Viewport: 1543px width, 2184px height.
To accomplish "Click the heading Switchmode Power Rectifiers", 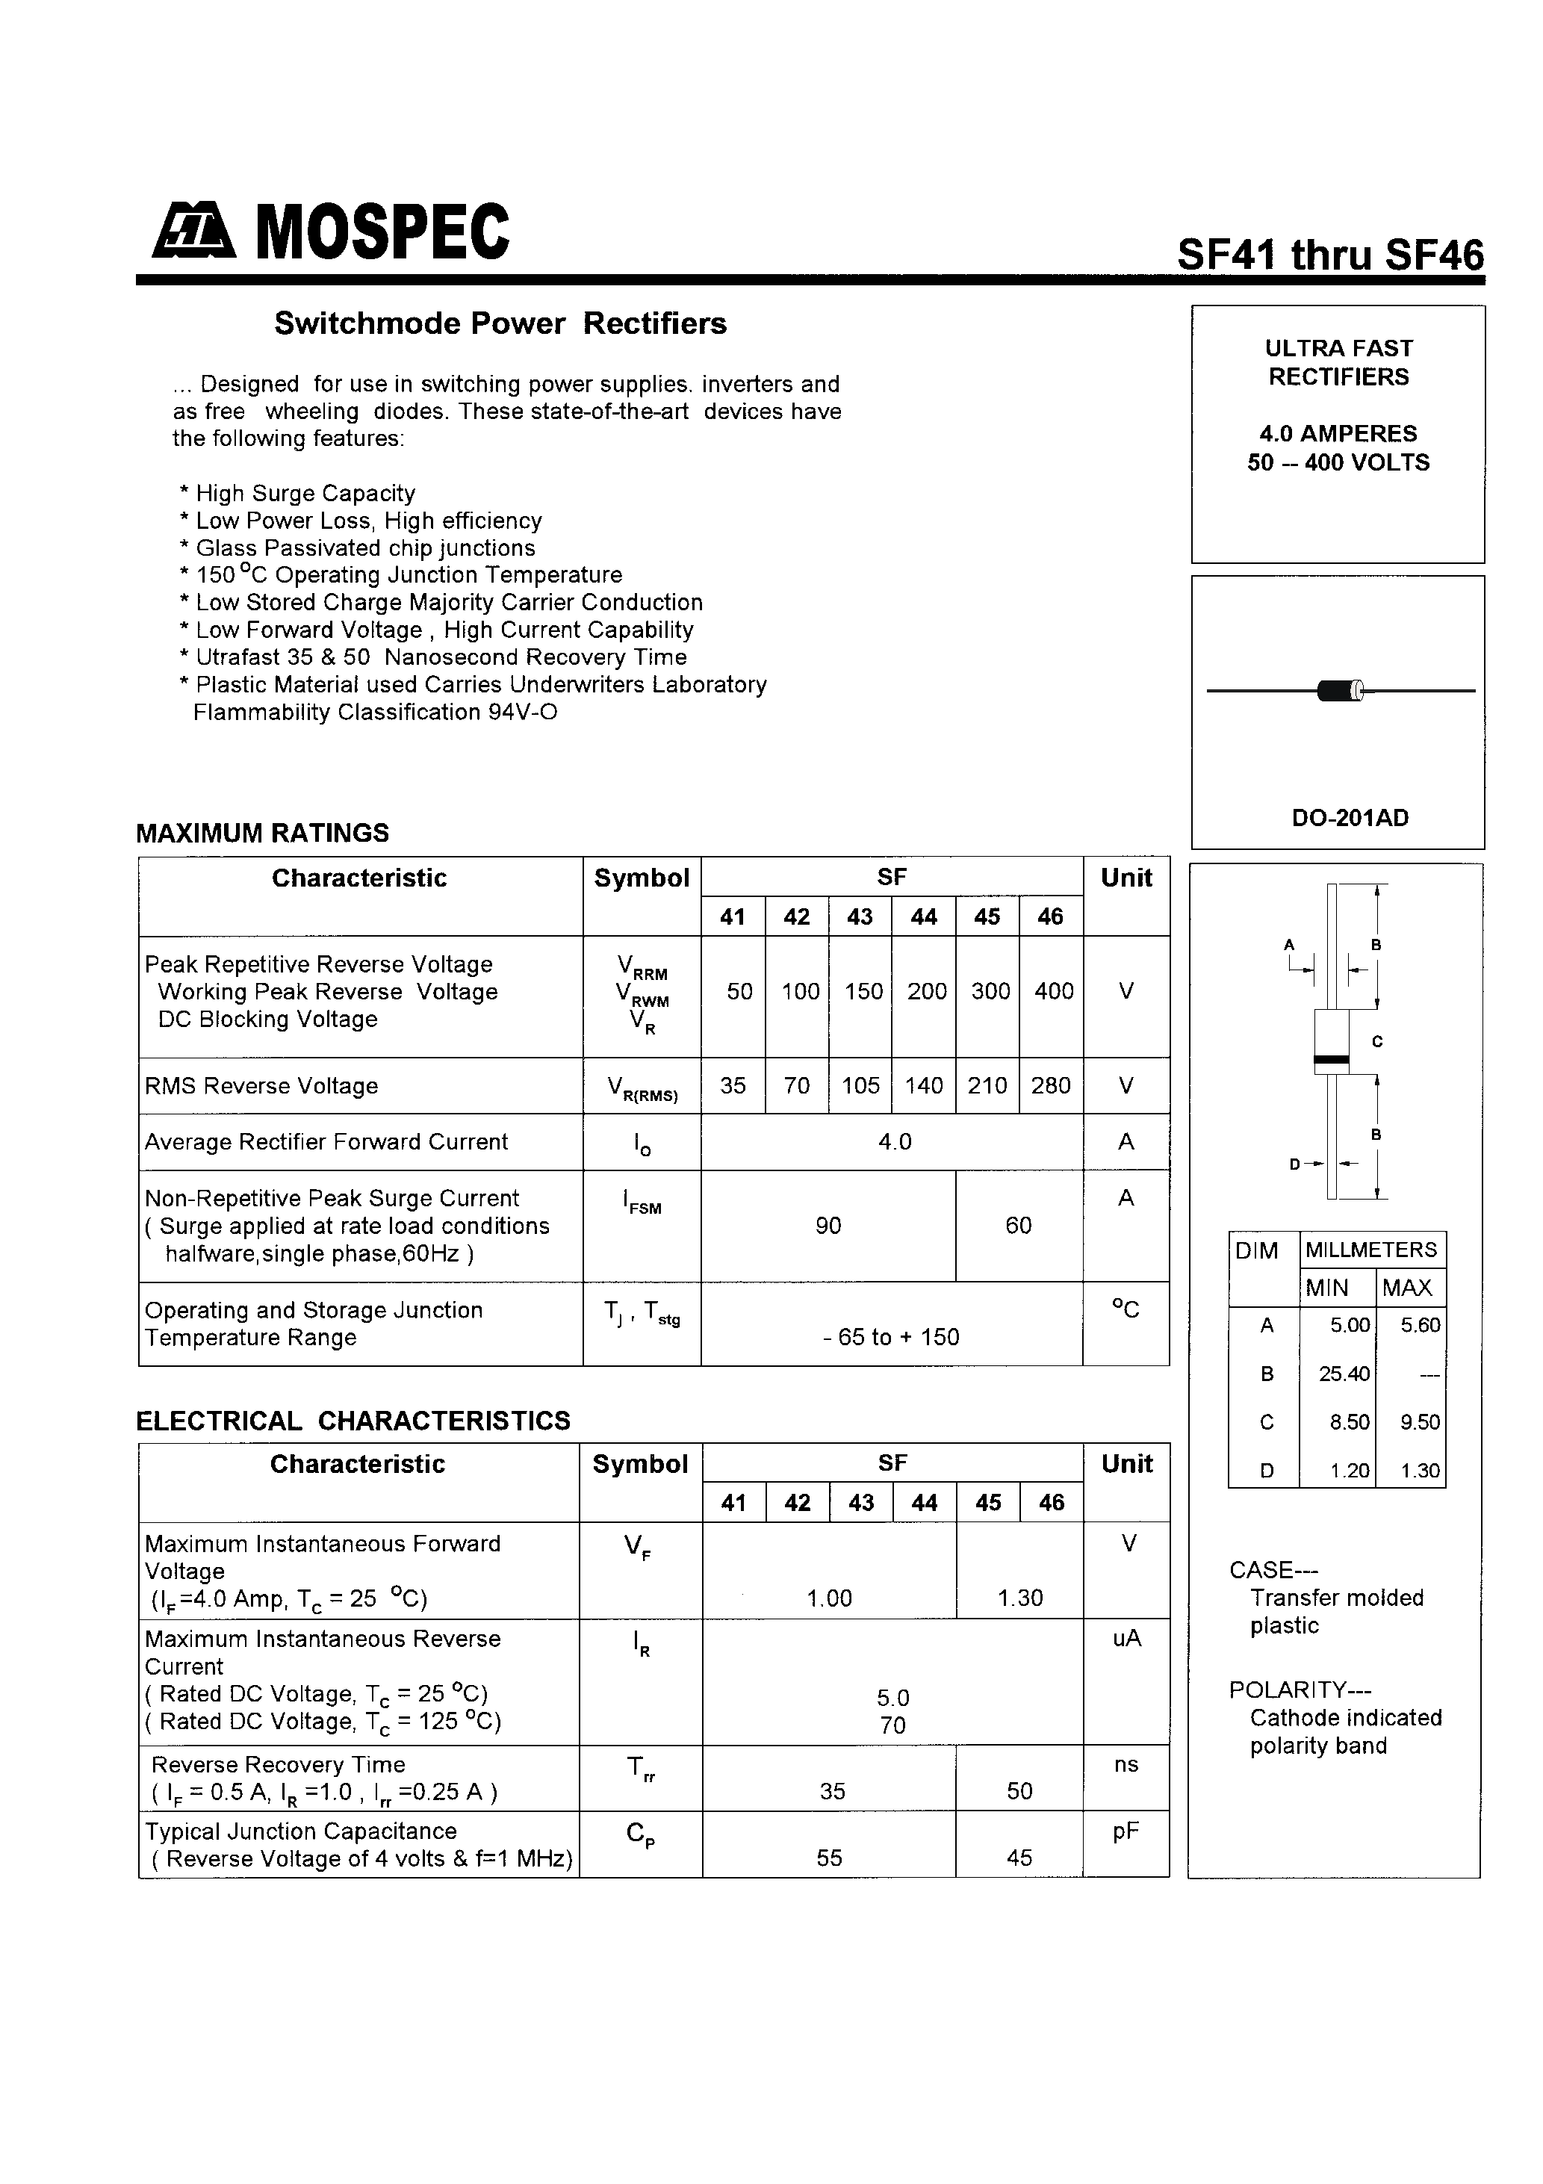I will pyautogui.click(x=500, y=323).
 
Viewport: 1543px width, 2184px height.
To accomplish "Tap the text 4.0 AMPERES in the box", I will pyautogui.click(x=1338, y=434).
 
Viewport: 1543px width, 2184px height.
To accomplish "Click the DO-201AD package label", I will pyautogui.click(x=1349, y=818).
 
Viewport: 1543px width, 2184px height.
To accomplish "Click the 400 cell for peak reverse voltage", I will pyautogui.click(x=1053, y=991).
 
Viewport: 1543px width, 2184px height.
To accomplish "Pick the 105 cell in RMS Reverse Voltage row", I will pyautogui.click(x=860, y=1085).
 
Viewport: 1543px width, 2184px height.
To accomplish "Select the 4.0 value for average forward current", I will pyautogui.click(x=894, y=1141).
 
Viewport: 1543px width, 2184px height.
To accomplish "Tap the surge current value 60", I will pyautogui.click(x=1018, y=1225).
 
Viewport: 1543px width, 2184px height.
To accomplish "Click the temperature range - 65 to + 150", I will pyautogui.click(x=890, y=1336).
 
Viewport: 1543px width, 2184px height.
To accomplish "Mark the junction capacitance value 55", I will pyautogui.click(x=828, y=1858).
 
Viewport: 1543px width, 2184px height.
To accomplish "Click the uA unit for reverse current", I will pyautogui.click(x=1126, y=1638).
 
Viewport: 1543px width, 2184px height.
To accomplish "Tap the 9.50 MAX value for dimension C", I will pyautogui.click(x=1419, y=1422).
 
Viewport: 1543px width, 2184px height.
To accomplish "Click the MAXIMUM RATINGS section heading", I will pyautogui.click(x=263, y=834).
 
